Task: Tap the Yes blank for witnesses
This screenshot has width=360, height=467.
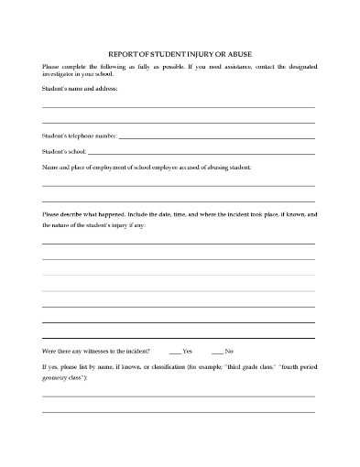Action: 175,352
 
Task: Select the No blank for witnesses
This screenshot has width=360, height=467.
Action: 217,352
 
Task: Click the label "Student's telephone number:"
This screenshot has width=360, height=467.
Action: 80,136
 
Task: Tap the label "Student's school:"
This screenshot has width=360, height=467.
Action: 64,151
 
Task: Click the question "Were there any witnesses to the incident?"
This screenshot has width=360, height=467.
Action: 99,352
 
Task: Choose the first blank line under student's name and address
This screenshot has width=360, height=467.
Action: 179,107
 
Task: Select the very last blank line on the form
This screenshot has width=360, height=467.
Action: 179,412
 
